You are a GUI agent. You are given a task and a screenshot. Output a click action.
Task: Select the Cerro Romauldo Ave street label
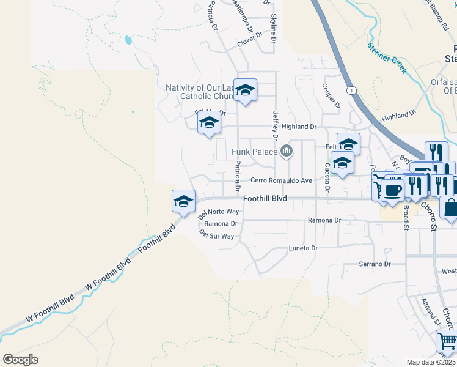[282, 180]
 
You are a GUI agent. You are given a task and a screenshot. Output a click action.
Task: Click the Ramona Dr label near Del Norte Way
[220, 224]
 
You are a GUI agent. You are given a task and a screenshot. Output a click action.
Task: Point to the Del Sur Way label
[218, 235]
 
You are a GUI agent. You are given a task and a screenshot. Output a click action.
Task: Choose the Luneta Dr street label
[304, 248]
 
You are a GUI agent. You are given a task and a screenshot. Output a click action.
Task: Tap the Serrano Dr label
[375, 264]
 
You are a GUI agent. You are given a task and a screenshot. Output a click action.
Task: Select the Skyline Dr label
[273, 28]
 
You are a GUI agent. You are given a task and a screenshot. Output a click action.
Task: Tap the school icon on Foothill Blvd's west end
[183, 200]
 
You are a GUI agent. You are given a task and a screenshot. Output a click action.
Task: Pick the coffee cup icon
[392, 190]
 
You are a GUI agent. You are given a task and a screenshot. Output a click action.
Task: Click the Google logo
[20, 359]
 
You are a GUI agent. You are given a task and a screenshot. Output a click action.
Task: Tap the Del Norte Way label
[219, 212]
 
